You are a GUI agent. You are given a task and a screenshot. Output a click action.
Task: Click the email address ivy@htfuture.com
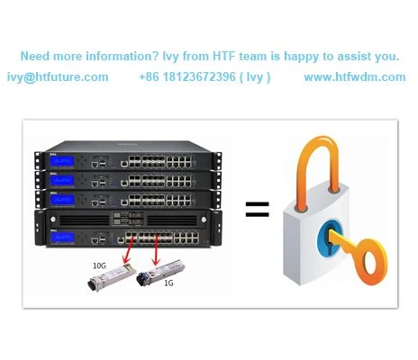[58, 77]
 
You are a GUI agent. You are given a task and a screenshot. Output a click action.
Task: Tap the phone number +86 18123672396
[187, 77]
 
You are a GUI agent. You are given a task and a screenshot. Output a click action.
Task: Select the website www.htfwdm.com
[355, 77]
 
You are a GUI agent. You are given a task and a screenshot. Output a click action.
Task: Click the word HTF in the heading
[224, 56]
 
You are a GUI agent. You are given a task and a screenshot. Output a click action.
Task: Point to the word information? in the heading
[122, 56]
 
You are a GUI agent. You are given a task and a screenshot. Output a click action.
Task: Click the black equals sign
[258, 210]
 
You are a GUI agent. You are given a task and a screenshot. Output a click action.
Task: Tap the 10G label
[99, 265]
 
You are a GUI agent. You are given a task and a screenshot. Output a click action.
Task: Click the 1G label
[168, 283]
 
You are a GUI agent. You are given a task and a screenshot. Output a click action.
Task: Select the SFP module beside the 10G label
[112, 276]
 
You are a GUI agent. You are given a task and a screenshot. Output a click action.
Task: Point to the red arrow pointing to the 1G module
[156, 250]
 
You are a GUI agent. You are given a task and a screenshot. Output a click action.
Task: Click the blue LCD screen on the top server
[62, 161]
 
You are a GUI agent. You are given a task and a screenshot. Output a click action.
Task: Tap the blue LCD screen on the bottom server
[62, 238]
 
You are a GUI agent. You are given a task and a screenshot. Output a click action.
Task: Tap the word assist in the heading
[354, 56]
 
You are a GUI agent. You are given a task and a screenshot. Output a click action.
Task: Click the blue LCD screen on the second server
[62, 180]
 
